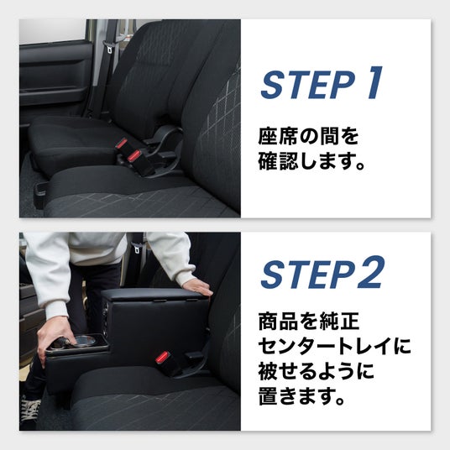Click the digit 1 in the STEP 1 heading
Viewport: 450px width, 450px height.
click(x=375, y=83)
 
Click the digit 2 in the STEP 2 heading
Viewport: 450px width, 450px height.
click(x=370, y=272)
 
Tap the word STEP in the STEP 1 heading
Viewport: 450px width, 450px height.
click(x=308, y=85)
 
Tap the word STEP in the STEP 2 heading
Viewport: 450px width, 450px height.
click(x=307, y=274)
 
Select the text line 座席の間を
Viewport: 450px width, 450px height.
click(x=308, y=136)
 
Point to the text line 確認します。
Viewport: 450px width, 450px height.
click(x=311, y=161)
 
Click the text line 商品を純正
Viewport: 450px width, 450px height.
click(x=309, y=322)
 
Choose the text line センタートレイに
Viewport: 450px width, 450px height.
click(x=335, y=347)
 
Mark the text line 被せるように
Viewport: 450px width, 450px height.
click(x=317, y=371)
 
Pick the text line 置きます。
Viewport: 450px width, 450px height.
click(x=301, y=396)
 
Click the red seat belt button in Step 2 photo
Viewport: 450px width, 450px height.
click(x=162, y=358)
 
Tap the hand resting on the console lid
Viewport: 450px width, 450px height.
click(x=197, y=288)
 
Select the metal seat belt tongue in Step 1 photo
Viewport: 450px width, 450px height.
click(x=109, y=48)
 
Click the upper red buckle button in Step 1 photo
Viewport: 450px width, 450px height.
click(x=122, y=144)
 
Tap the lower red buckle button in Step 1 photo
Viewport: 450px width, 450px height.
click(x=133, y=156)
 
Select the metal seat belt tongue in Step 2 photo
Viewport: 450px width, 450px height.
click(x=136, y=249)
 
